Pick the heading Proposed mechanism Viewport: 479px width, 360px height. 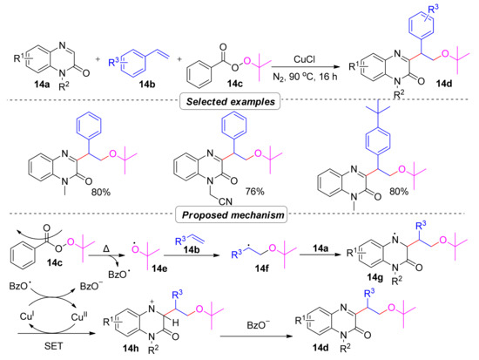click(x=239, y=214)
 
